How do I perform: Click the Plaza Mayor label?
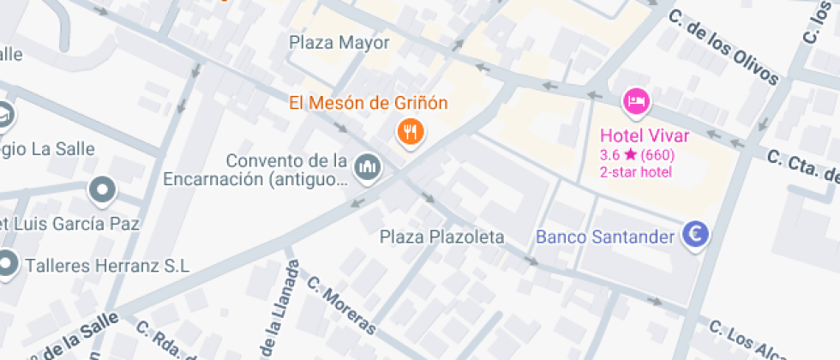coord(339,43)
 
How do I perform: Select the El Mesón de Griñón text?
coord(368,104)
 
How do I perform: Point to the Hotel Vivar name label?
coord(645,135)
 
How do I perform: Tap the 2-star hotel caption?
coord(635,172)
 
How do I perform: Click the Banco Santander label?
coord(605,237)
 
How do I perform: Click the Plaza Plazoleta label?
coord(442,237)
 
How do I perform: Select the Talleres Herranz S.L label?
coord(107,266)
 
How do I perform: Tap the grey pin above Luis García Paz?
coord(103,189)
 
